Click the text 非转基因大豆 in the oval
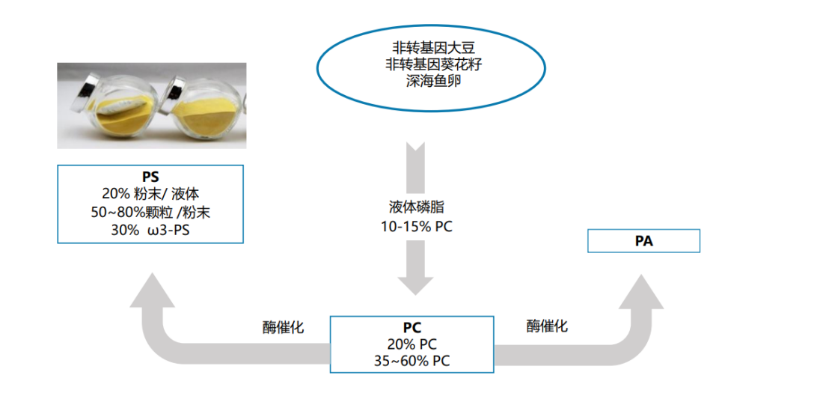click(x=423, y=47)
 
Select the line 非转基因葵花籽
click(x=423, y=64)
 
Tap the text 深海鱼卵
click(x=423, y=80)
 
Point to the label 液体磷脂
click(x=417, y=207)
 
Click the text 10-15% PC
click(x=417, y=225)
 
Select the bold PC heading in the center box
click(x=412, y=328)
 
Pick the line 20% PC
click(x=412, y=344)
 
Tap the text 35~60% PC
click(x=412, y=361)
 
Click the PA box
click(x=643, y=241)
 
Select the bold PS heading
click(x=150, y=177)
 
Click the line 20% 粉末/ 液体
click(x=150, y=194)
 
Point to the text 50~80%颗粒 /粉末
click(x=150, y=212)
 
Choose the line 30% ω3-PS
click(x=150, y=230)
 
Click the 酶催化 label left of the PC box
click(x=284, y=327)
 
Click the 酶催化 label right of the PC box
click(x=547, y=326)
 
